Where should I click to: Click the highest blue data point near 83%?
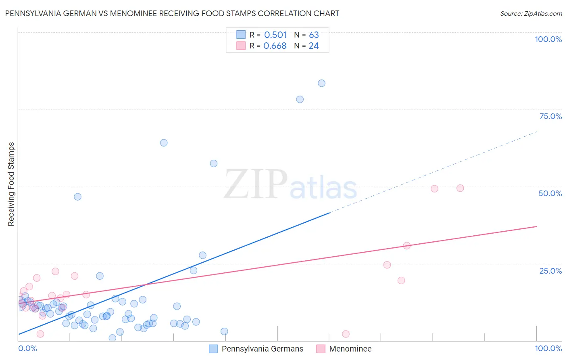[x=321, y=83]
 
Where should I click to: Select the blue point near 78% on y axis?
[x=300, y=99]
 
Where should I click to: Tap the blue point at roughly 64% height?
[x=164, y=142]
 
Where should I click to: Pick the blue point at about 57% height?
[x=214, y=163]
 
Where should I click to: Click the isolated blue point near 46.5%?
[x=77, y=197]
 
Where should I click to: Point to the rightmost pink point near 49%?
[x=460, y=188]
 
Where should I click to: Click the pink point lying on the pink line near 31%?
[x=406, y=246]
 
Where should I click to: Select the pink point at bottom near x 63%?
[x=346, y=334]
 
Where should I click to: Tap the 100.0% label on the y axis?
[x=548, y=39]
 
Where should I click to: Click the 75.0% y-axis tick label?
[x=550, y=116]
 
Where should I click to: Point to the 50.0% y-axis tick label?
[x=550, y=193]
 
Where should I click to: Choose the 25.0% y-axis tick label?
[x=550, y=271]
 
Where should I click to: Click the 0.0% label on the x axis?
[x=27, y=348]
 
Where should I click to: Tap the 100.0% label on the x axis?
[x=548, y=348]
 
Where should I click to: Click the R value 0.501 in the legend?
[x=275, y=35]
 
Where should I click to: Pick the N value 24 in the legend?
[x=314, y=46]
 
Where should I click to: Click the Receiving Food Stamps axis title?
[x=11, y=184]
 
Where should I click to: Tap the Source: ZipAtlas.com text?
[x=531, y=13]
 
